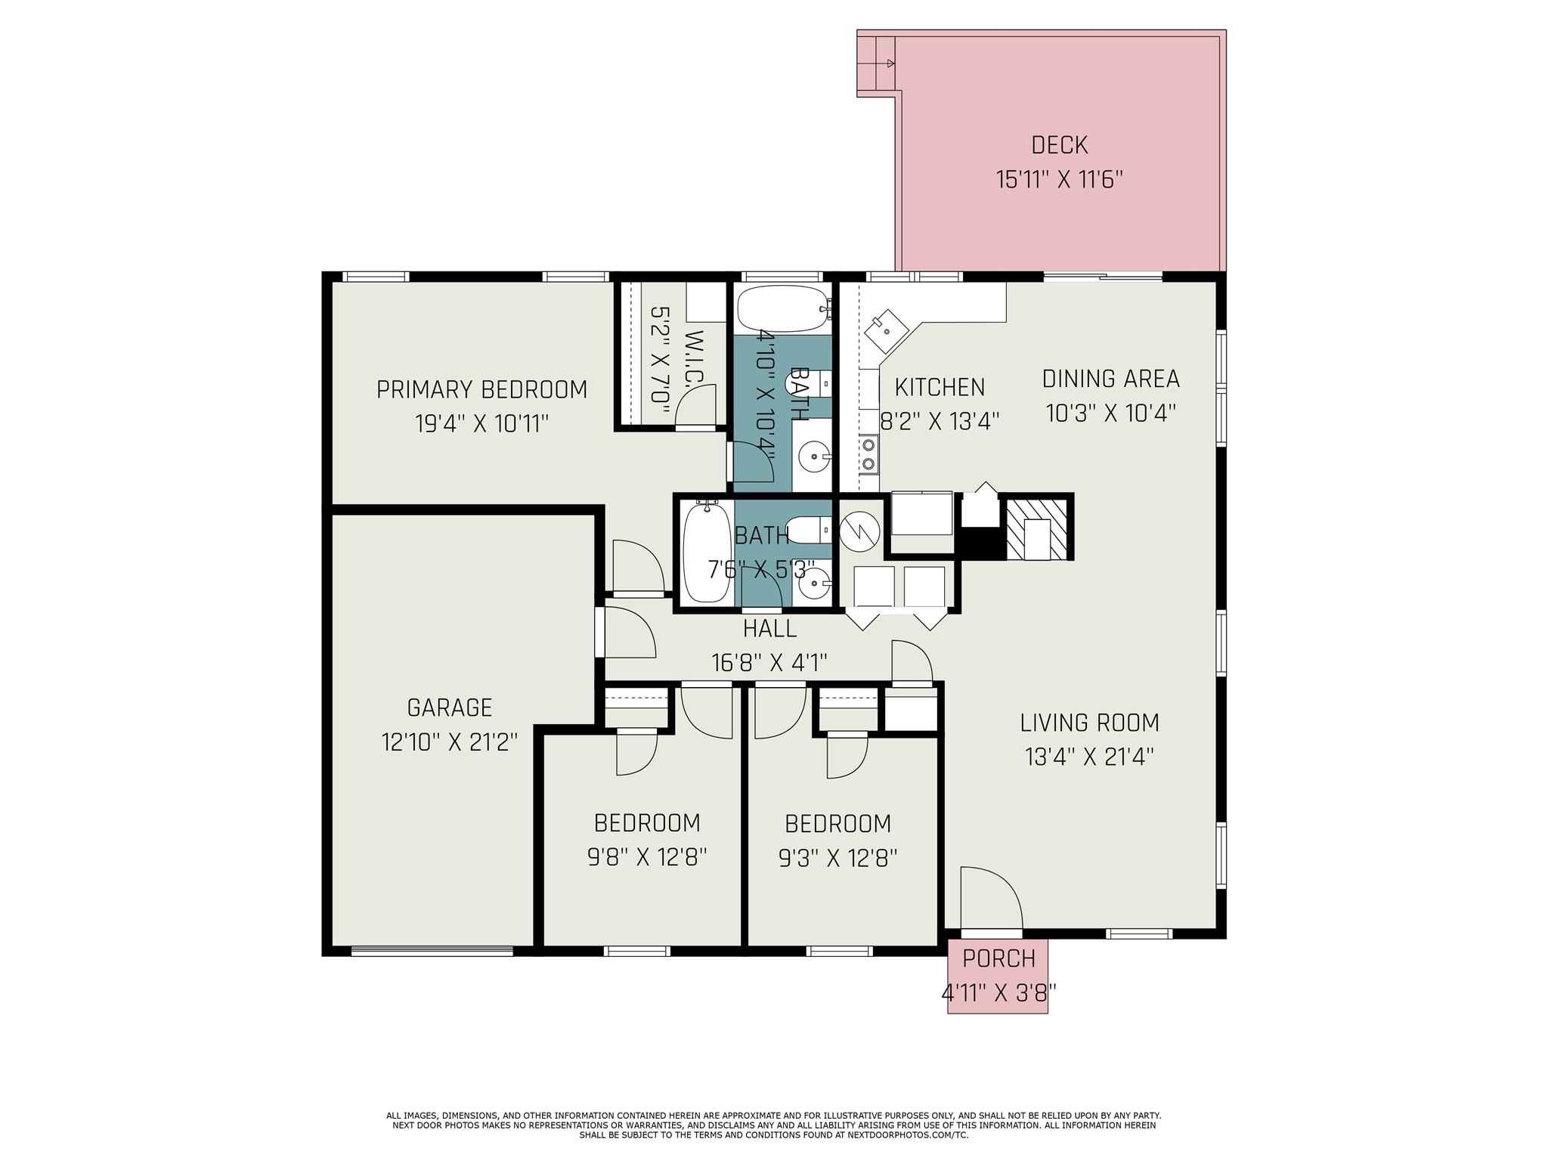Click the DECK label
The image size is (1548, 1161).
pyautogui.click(x=1059, y=144)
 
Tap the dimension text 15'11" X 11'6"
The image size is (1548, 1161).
pyautogui.click(x=1059, y=181)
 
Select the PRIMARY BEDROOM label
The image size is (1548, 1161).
pyautogui.click(x=481, y=390)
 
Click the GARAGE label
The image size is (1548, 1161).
pyautogui.click(x=449, y=707)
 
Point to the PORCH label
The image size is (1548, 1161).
pyautogui.click(x=998, y=958)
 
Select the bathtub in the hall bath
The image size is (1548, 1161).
pyautogui.click(x=706, y=553)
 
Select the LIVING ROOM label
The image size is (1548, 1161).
pyautogui.click(x=1089, y=723)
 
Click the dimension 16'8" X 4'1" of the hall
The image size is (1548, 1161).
pyautogui.click(x=769, y=663)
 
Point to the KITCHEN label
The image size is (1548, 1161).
pyautogui.click(x=940, y=387)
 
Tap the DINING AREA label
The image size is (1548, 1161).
pyautogui.click(x=1110, y=378)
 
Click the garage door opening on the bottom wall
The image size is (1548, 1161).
pyautogui.click(x=432, y=951)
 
